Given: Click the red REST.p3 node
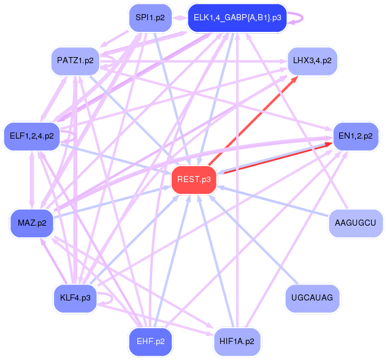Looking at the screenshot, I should click(194, 180).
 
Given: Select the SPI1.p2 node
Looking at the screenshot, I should click(150, 18).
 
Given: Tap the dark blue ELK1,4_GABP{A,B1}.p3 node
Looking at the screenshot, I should click(237, 18).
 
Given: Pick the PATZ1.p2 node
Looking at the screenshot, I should click(75, 61).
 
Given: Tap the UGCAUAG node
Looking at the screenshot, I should click(312, 298).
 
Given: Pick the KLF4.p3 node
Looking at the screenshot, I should click(75, 298).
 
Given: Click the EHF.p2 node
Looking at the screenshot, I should click(150, 341).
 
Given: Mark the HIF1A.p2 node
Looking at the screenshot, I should click(237, 341).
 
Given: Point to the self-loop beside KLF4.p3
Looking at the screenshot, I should click(109, 299).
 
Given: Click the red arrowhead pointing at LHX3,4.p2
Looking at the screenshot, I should click(294, 79).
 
